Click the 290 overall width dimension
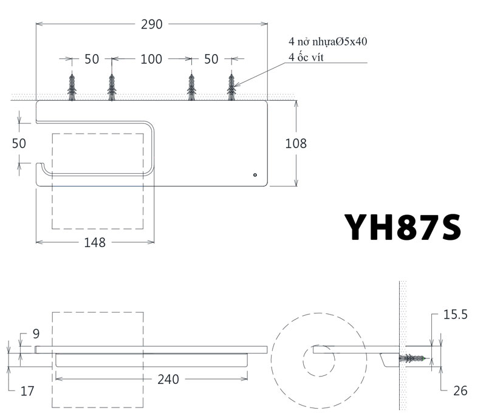click(152, 24)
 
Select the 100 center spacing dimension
click(151, 59)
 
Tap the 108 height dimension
click(296, 143)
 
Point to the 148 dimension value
click(95, 242)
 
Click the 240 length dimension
click(168, 380)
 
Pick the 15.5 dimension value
click(455, 315)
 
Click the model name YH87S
click(402, 226)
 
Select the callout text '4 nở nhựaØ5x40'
click(328, 42)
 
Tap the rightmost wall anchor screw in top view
click(231, 87)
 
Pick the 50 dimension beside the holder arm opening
click(19, 143)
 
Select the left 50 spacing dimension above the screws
click(92, 59)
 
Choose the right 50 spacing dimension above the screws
click(211, 59)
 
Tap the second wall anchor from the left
click(111, 87)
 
